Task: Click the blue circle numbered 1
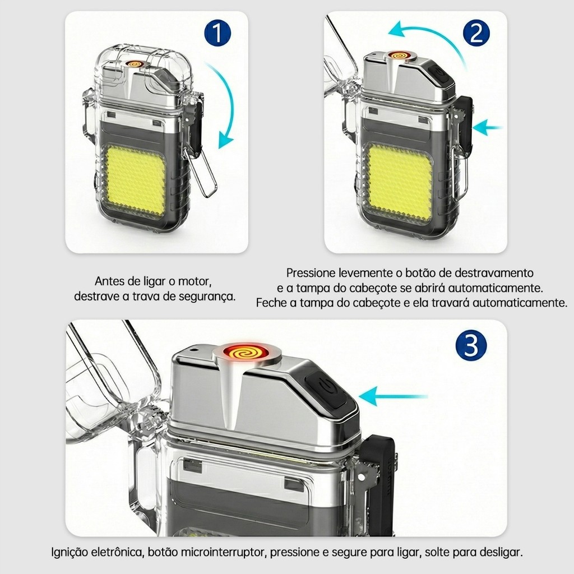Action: tap(217, 33)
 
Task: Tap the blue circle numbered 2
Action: tap(476, 33)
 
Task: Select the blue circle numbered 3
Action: tap(471, 345)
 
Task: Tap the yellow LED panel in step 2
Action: tap(400, 184)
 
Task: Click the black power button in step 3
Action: tap(327, 389)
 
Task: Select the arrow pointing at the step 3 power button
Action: tap(393, 396)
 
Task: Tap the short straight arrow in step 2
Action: tap(487, 128)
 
